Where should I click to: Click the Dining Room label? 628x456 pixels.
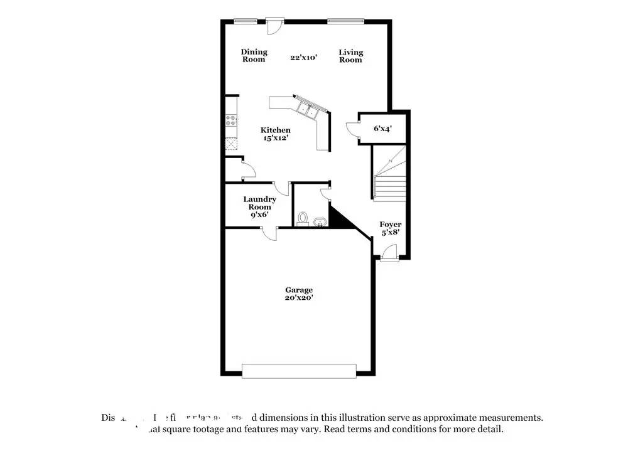point(254,56)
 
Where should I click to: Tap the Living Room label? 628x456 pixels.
point(351,56)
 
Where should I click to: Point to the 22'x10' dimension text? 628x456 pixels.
point(303,57)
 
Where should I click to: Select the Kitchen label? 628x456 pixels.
point(276,130)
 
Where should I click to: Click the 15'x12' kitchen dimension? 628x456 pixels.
point(276,138)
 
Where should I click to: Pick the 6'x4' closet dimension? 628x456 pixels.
point(382,129)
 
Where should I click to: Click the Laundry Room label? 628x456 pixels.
point(259,203)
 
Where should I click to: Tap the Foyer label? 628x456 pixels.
point(391,224)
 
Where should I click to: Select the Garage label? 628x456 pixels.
point(299,290)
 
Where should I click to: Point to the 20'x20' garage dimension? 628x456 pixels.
point(299,298)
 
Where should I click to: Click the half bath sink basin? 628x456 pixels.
point(318,222)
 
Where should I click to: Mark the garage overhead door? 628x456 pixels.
point(298,371)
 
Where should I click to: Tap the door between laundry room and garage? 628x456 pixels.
point(269,232)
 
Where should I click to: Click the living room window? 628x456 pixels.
point(345,21)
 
